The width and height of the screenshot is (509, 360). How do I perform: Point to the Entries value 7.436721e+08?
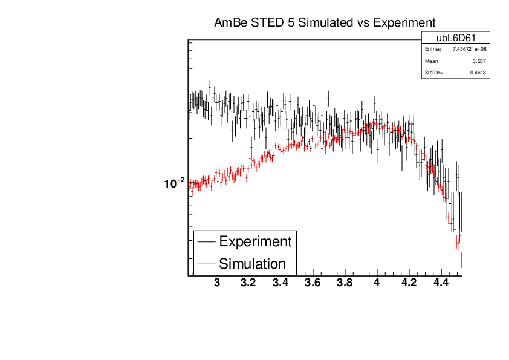tap(469, 49)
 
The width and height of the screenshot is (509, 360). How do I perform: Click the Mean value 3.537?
tap(479, 61)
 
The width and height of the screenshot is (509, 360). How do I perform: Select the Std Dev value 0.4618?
tap(478, 73)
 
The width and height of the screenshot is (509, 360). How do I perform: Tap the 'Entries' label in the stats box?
tap(433, 49)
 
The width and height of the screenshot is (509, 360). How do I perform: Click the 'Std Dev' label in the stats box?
tap(434, 73)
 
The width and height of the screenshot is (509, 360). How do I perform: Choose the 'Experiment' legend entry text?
tap(255, 241)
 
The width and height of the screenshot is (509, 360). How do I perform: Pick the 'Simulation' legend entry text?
tap(252, 264)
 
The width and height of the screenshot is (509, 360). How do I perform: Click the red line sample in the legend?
tap(206, 264)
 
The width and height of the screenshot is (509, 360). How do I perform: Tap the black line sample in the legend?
tap(206, 241)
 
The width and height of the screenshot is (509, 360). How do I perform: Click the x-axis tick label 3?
tap(218, 283)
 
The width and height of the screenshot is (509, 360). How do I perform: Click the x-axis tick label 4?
tap(377, 283)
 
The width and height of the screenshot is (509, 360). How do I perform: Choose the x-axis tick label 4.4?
tap(441, 283)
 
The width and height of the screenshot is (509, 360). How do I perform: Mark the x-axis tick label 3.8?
tap(345, 283)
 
